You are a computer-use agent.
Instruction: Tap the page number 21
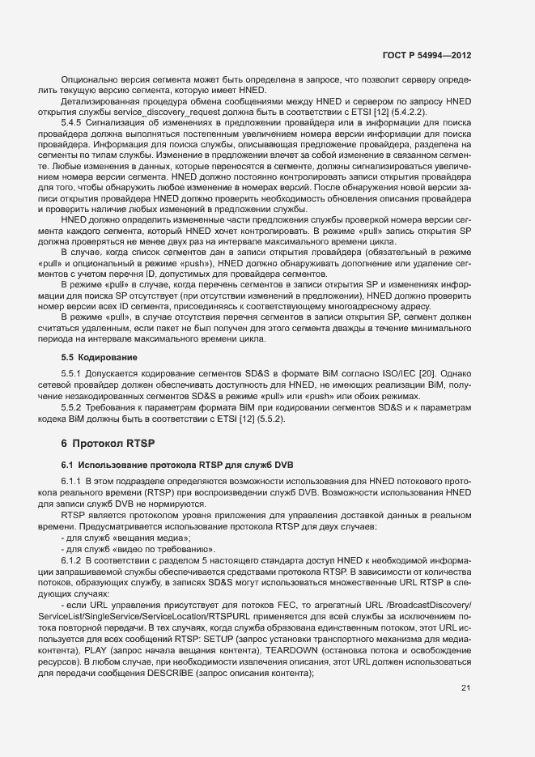point(465,688)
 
